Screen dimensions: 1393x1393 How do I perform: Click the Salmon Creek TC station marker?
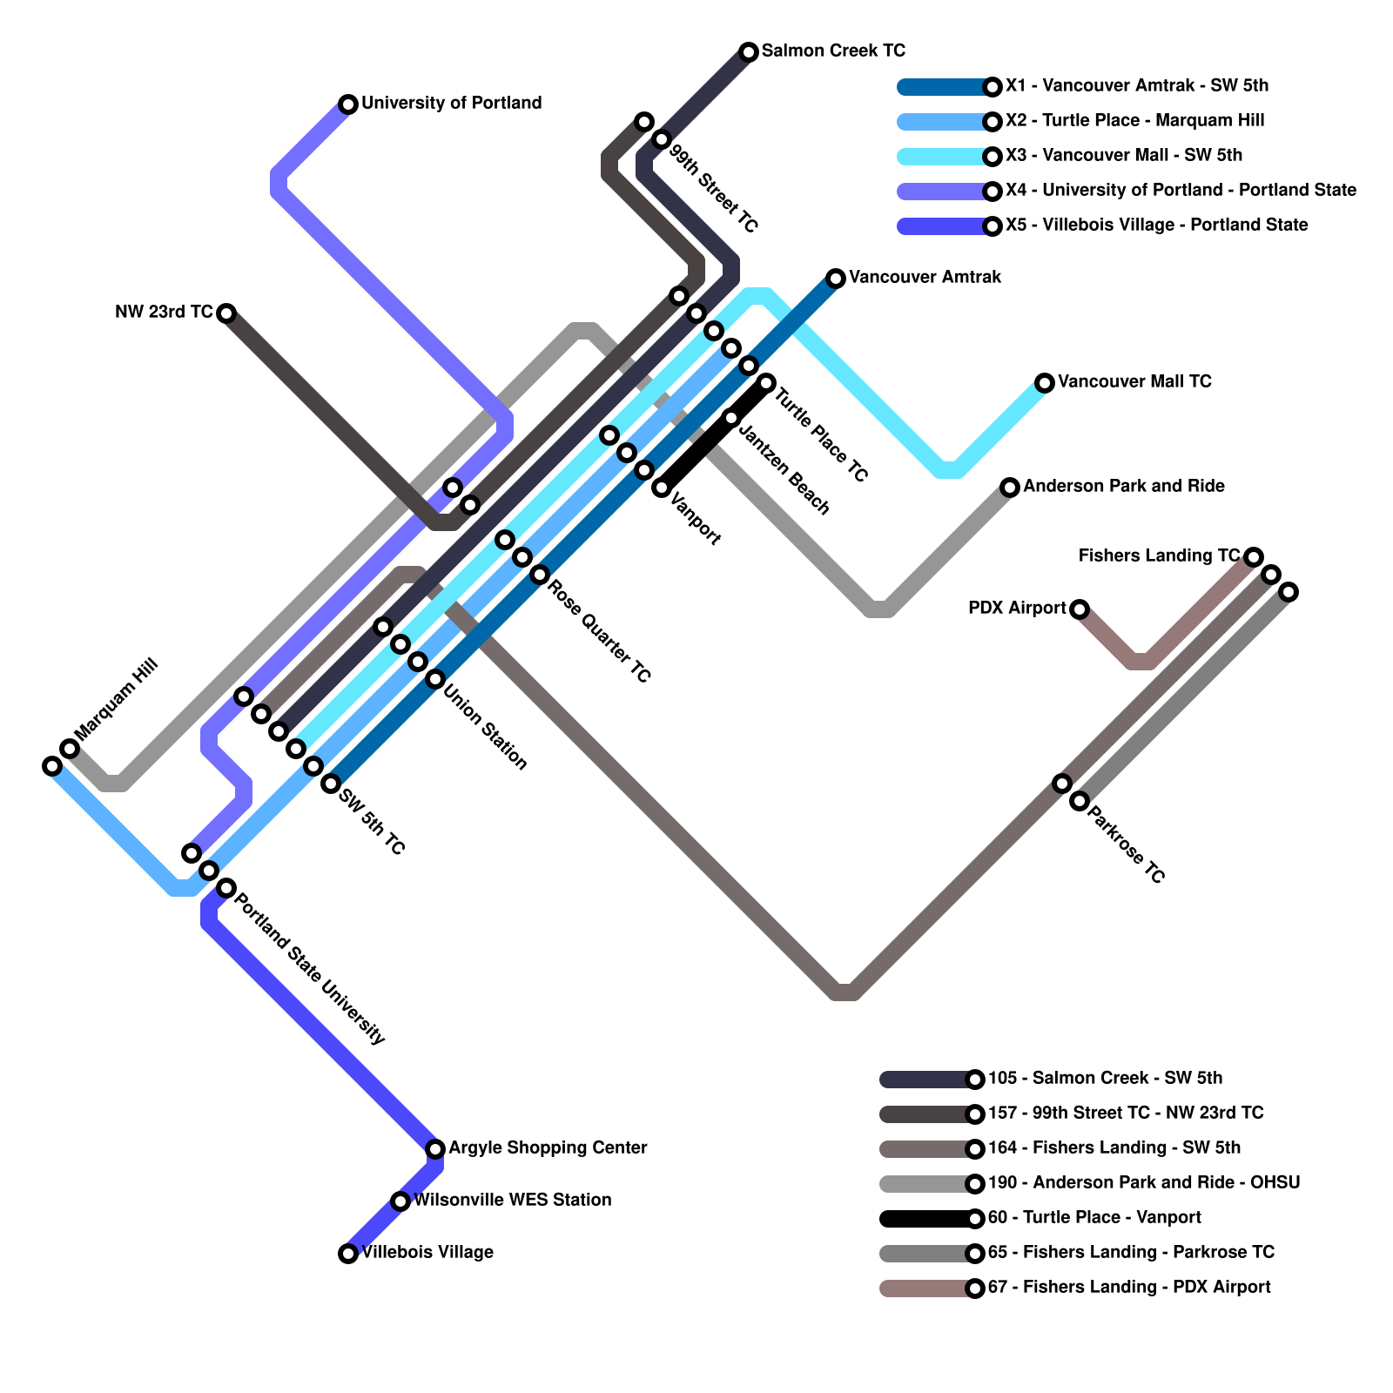(749, 52)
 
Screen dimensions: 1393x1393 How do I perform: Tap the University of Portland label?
(451, 103)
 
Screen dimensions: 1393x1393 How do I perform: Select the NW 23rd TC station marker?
(226, 313)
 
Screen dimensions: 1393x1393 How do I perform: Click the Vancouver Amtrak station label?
(925, 277)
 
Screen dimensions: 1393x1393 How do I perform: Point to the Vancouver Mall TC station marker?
(1045, 383)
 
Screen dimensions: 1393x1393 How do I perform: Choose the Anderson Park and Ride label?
(1123, 486)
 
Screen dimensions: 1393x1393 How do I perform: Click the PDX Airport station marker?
(1080, 609)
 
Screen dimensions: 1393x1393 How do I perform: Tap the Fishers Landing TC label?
(1158, 555)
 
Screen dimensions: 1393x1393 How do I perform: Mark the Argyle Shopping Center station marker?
(435, 1149)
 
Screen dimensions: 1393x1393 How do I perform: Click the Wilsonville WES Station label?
(512, 1200)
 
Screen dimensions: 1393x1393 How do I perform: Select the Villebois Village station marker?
(348, 1254)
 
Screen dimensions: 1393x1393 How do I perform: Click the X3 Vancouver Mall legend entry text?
(1123, 155)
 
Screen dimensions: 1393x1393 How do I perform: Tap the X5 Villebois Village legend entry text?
(1156, 225)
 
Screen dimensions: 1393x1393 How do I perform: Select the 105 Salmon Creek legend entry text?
(1105, 1078)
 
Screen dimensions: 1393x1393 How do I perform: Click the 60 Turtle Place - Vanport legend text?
(1094, 1217)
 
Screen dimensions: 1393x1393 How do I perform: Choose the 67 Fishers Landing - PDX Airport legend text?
(1129, 1287)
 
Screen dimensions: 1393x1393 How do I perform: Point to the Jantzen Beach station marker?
(731, 418)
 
